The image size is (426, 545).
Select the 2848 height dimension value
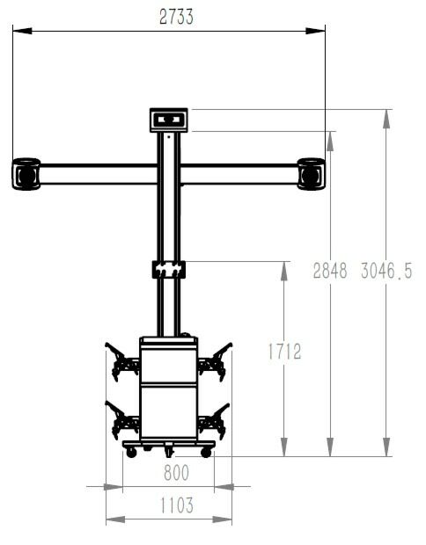pyautogui.click(x=331, y=271)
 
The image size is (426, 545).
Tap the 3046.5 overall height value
pyautogui.click(x=386, y=271)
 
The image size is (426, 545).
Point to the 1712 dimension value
pyautogui.click(x=283, y=352)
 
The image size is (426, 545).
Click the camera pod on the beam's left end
pyautogui.click(x=26, y=173)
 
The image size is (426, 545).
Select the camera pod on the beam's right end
pyautogui.click(x=312, y=173)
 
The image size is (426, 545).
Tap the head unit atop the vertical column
pyautogui.click(x=169, y=120)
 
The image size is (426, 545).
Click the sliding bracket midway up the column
pyautogui.click(x=169, y=268)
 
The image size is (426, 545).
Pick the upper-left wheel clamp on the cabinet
pyautogui.click(x=121, y=360)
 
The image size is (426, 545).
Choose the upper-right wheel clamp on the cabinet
pyautogui.click(x=215, y=360)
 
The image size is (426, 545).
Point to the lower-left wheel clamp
pyautogui.click(x=121, y=419)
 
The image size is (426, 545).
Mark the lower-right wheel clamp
pyautogui.click(x=214, y=419)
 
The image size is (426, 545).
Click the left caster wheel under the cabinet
pyautogui.click(x=131, y=452)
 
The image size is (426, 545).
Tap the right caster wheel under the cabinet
pyautogui.click(x=206, y=452)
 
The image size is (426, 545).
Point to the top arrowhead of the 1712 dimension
pyautogui.click(x=283, y=268)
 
